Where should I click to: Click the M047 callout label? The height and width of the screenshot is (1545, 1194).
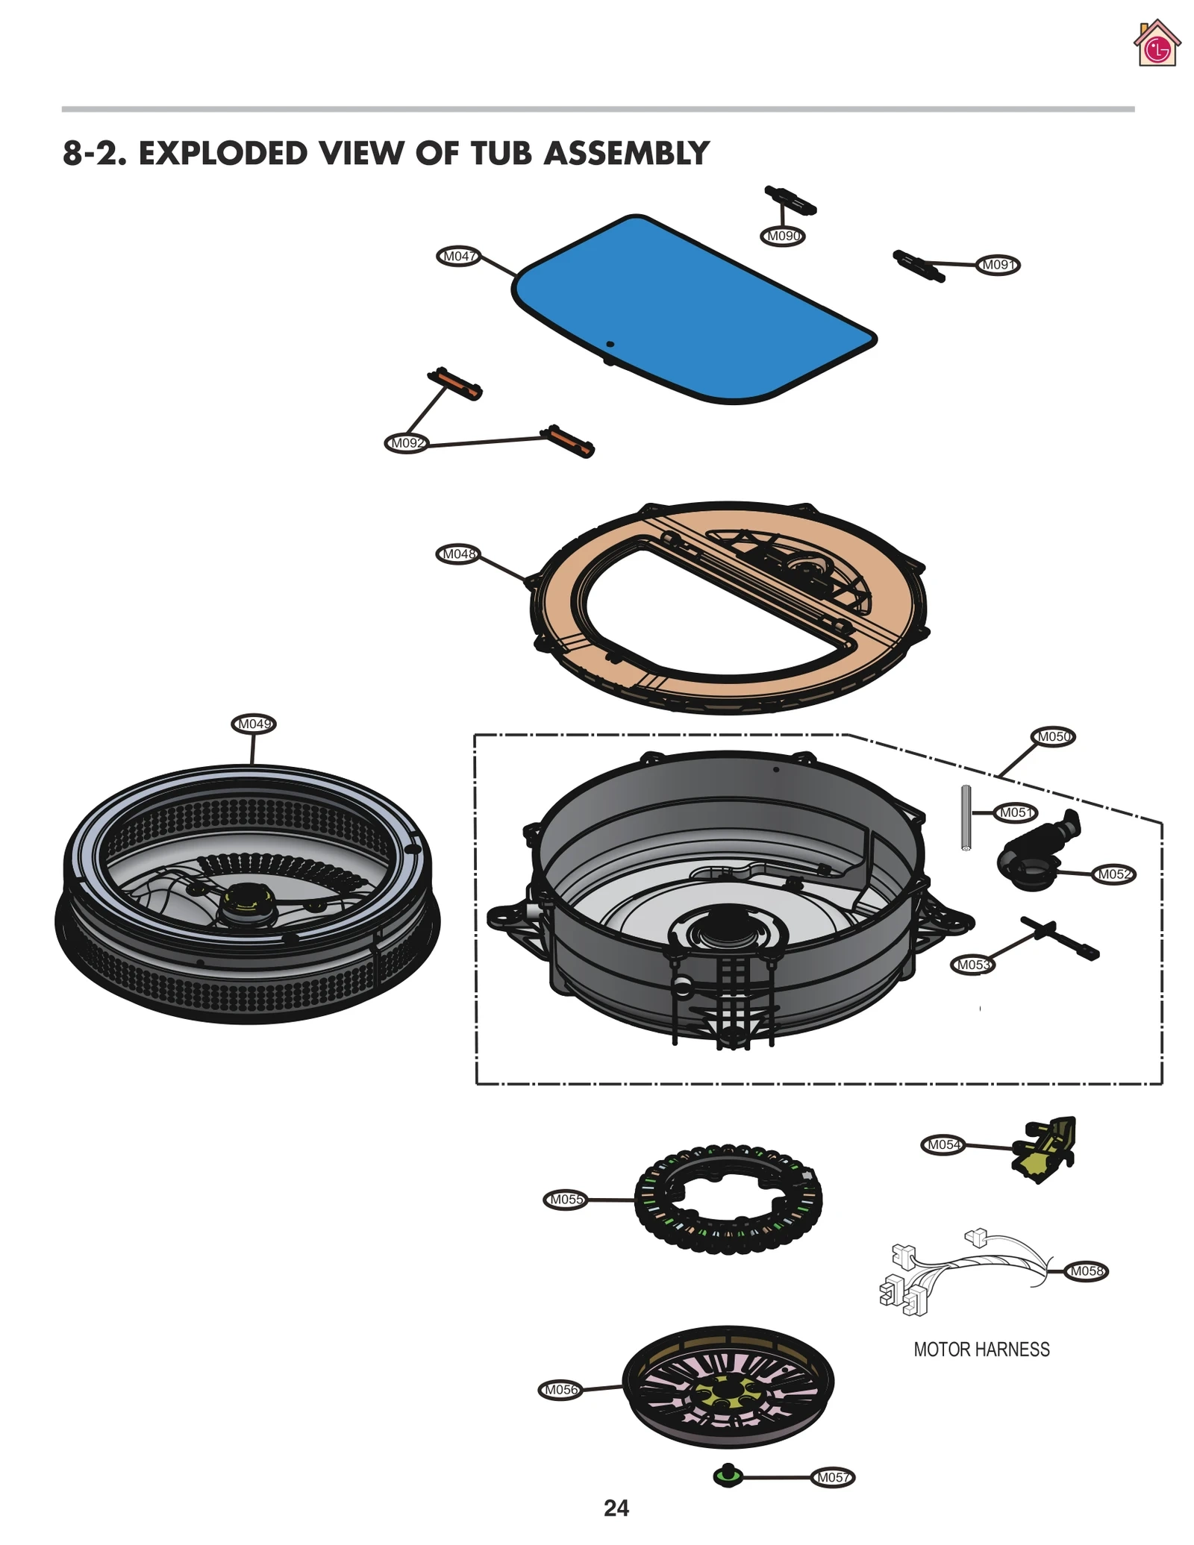[457, 257]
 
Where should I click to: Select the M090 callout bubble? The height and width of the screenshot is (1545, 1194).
[783, 236]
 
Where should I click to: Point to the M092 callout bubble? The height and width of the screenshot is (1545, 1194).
[407, 443]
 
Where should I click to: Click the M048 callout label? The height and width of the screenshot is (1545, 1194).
[457, 554]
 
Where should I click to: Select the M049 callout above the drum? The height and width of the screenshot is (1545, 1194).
[254, 724]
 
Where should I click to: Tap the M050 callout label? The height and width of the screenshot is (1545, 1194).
[1053, 736]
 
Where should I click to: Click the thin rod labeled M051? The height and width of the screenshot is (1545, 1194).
[965, 818]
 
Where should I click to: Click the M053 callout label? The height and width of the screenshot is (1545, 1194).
[972, 965]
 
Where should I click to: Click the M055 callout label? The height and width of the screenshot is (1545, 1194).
[565, 1200]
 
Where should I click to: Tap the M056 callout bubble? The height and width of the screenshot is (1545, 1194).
[560, 1390]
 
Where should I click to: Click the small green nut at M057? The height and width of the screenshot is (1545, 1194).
[727, 1476]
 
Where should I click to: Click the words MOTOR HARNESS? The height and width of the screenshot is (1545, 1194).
[981, 1349]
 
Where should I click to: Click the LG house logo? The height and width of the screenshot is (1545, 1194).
[1156, 44]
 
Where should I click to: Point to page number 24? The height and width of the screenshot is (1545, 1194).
[616, 1508]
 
